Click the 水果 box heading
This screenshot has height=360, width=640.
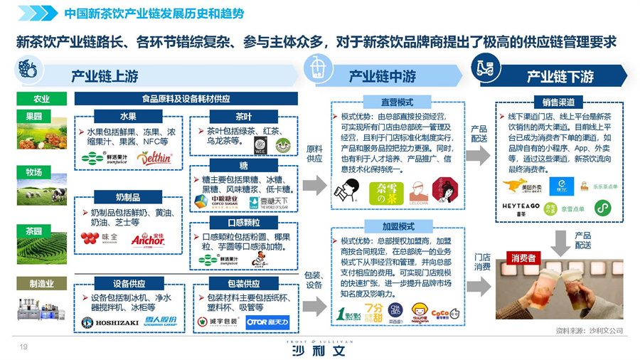point(128,116)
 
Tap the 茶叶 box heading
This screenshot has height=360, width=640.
point(243,116)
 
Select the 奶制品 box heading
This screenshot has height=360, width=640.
point(128,196)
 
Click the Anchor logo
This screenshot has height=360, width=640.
point(148,239)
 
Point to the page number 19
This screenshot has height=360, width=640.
point(23,346)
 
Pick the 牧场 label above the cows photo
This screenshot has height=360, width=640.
point(33,172)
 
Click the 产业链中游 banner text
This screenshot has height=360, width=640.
point(382,76)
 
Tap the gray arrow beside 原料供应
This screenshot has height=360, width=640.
point(314,186)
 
